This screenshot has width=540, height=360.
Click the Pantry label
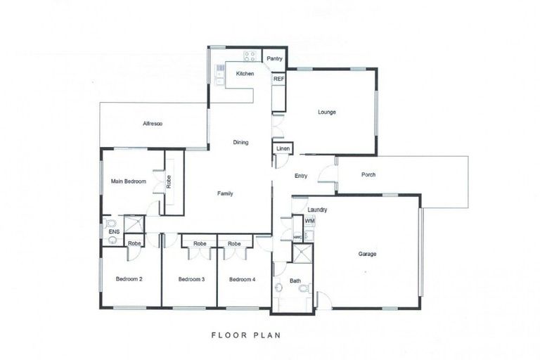(275, 58)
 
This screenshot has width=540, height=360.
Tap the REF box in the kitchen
(278, 79)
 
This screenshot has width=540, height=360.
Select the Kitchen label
(245, 74)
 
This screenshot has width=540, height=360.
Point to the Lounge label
(326, 112)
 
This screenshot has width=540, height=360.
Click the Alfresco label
(153, 124)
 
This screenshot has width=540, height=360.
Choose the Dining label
(240, 143)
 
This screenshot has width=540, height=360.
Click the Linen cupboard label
(282, 149)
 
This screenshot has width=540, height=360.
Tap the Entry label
(301, 176)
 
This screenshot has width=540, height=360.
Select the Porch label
(368, 175)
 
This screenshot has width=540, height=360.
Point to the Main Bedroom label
(129, 181)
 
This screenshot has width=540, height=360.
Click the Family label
(225, 193)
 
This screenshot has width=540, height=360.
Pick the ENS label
(113, 230)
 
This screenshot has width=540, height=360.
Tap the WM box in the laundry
(309, 221)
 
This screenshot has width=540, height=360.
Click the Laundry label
(316, 210)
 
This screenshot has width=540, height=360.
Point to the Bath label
(295, 281)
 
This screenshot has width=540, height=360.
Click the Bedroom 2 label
(129, 279)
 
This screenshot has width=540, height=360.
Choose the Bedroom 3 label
(191, 279)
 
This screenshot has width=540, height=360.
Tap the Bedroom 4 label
(243, 279)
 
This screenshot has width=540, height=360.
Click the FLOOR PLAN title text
(246, 335)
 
